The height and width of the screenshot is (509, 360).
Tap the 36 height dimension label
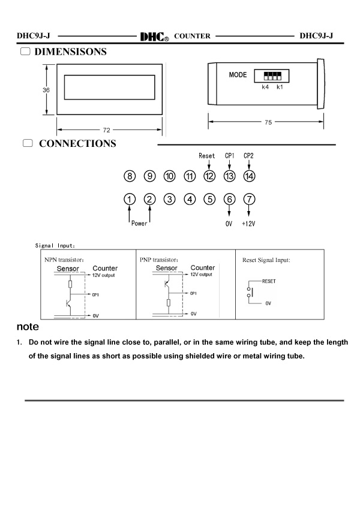click(x=46, y=90)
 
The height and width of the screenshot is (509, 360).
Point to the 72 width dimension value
click(x=107, y=130)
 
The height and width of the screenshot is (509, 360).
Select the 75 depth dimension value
click(x=268, y=122)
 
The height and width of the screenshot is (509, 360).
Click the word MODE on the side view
click(x=238, y=75)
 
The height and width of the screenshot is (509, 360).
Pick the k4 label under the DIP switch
click(x=265, y=87)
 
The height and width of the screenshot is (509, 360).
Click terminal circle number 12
click(x=209, y=176)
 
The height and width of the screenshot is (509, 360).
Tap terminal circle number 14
click(x=250, y=176)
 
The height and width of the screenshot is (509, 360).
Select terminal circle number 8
click(x=130, y=176)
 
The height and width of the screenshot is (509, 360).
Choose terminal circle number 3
click(x=170, y=199)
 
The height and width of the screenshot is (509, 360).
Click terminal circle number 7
click(x=250, y=199)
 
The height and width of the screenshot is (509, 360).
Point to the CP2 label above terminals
click(x=248, y=156)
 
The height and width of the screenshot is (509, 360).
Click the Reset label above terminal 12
click(x=207, y=156)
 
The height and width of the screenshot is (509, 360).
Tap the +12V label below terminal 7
click(x=248, y=224)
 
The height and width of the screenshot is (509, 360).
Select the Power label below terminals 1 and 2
click(x=139, y=224)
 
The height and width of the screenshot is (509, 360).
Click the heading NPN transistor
click(x=64, y=260)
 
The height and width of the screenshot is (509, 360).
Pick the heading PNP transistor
click(x=159, y=260)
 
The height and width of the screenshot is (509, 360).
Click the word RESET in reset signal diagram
click(x=269, y=281)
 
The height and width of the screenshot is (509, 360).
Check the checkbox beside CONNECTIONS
click(x=28, y=143)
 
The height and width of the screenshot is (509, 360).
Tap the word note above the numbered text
click(x=28, y=327)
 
